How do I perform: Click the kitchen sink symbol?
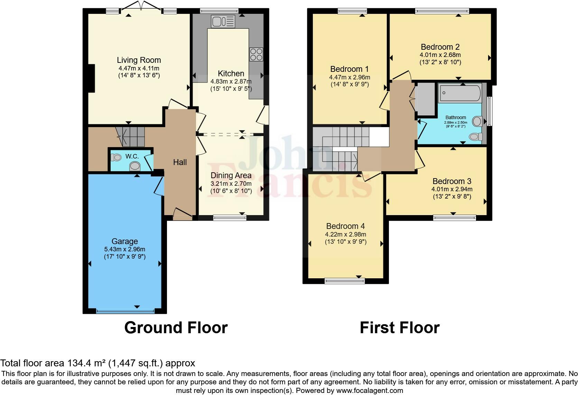[223, 21]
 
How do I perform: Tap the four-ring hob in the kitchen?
[256, 55]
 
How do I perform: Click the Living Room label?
[139, 60]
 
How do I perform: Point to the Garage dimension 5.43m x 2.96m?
[124, 249]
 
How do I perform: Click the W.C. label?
[132, 156]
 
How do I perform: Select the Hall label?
[180, 162]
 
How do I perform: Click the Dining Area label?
[231, 175]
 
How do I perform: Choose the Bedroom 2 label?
[440, 47]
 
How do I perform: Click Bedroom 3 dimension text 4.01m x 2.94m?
[452, 189]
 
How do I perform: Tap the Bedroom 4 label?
[345, 226]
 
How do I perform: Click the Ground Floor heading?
[176, 327]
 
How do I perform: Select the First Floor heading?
[399, 327]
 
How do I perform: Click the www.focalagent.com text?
[369, 391]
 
